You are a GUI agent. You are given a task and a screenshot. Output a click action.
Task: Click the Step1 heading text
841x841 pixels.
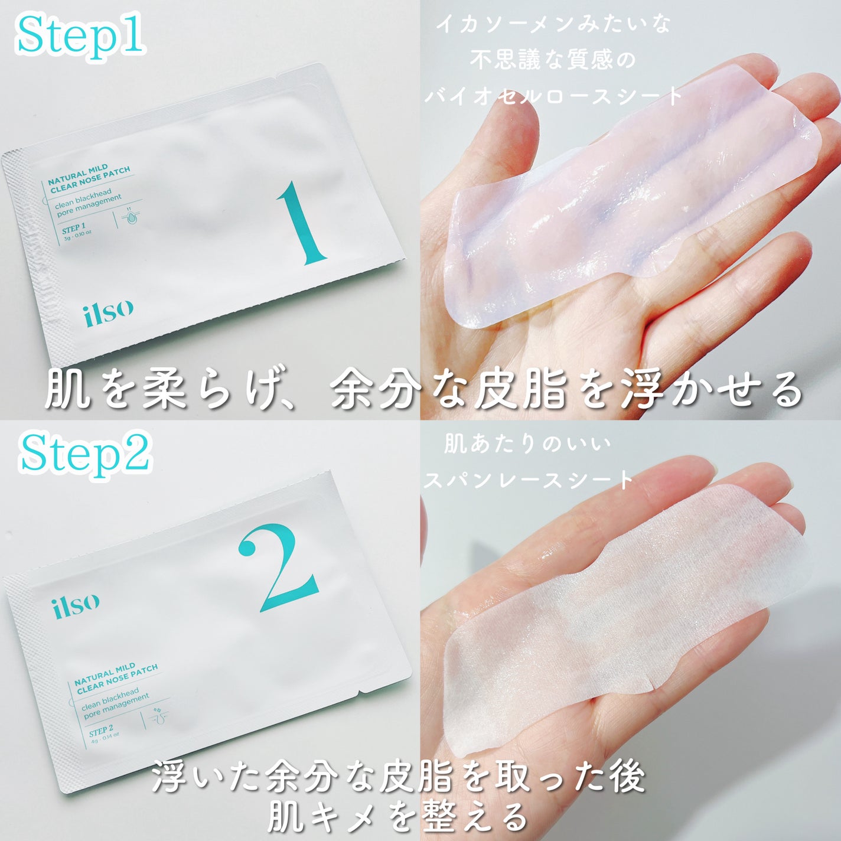coord(80,38)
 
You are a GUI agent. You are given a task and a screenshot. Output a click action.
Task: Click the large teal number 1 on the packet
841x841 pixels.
coord(302,223)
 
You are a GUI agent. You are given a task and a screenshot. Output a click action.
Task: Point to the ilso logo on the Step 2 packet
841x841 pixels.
coord(75,605)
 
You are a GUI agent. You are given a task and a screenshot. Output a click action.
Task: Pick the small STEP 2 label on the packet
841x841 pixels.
coord(101,730)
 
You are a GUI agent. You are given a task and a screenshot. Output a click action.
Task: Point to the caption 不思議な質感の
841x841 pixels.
coord(553,61)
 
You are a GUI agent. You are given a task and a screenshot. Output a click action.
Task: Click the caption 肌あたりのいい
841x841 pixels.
coord(528,445)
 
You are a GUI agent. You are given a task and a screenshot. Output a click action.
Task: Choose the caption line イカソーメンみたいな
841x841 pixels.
coord(553,25)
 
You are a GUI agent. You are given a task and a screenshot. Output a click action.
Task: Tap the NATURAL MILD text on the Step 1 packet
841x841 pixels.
coord(78,174)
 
